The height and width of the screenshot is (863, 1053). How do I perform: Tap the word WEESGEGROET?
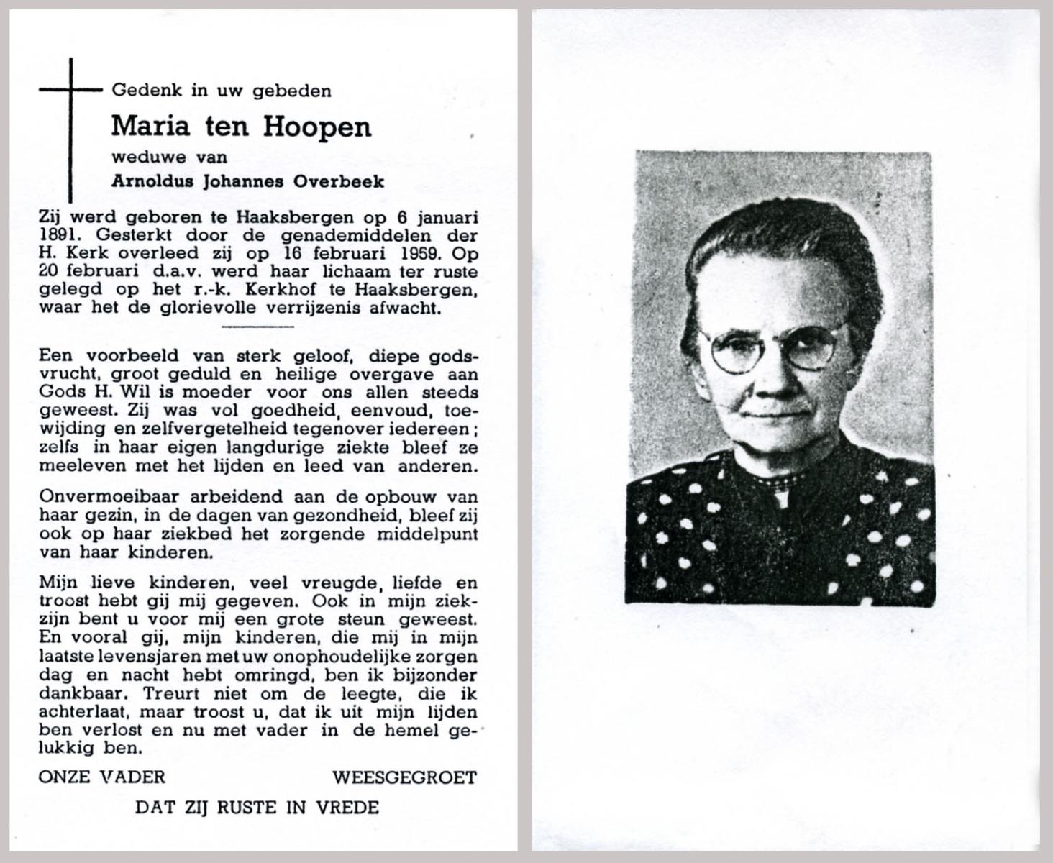coord(404,777)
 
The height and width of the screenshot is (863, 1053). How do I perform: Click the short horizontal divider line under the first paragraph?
coord(258,326)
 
